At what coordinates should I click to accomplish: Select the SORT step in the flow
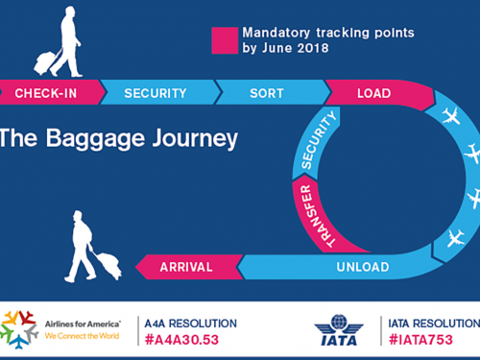tap(266, 93)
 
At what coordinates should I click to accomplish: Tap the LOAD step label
tap(373, 93)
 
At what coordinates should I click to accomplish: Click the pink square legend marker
tap(224, 39)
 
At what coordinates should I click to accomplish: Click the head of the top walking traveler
tap(69, 12)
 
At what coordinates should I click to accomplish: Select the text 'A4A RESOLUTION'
tap(189, 324)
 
